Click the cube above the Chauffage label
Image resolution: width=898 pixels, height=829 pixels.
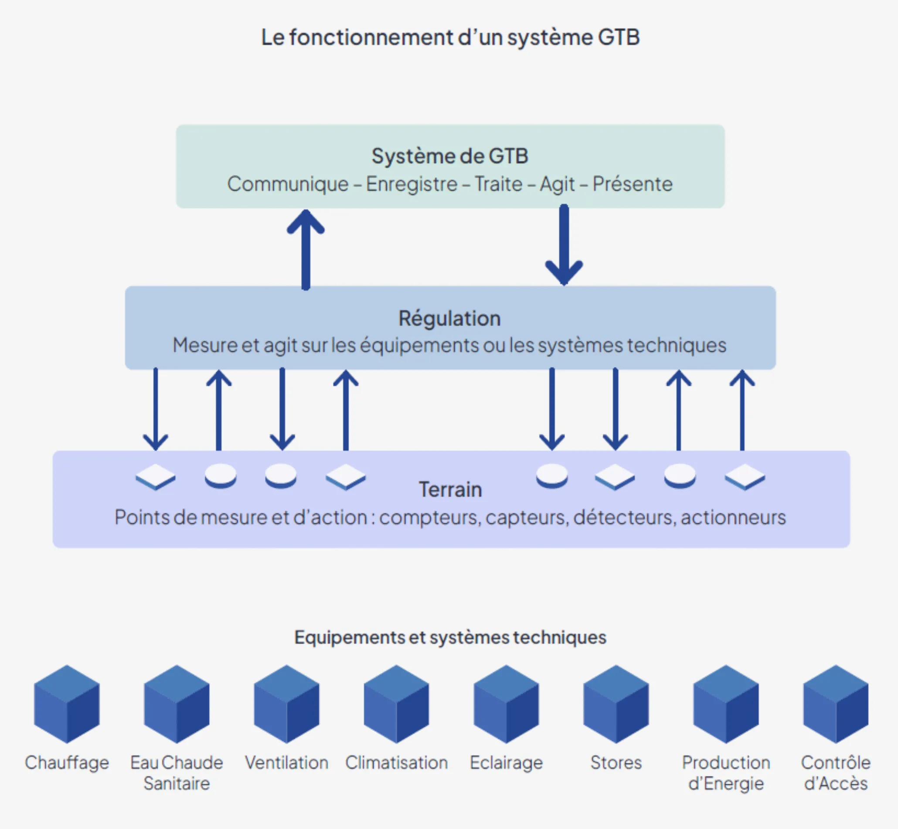pyautogui.click(x=67, y=704)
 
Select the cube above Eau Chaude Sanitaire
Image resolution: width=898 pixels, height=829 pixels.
pyautogui.click(x=177, y=704)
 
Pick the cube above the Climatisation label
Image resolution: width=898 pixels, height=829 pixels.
pyautogui.click(x=397, y=704)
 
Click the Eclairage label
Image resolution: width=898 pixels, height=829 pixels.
pyautogui.click(x=506, y=763)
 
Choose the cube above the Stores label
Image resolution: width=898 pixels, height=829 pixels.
pyautogui.click(x=616, y=704)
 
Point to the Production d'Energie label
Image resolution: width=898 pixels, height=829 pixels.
pyautogui.click(x=726, y=772)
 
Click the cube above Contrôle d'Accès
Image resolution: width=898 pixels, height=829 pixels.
pyautogui.click(x=836, y=704)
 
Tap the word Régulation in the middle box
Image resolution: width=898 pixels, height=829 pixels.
pyautogui.click(x=449, y=319)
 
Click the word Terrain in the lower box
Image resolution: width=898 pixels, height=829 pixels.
pyautogui.click(x=450, y=489)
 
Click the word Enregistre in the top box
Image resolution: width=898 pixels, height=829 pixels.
pyautogui.click(x=412, y=184)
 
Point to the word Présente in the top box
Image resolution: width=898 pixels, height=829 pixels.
pyautogui.click(x=633, y=184)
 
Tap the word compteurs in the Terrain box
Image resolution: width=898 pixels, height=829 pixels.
pyautogui.click(x=430, y=517)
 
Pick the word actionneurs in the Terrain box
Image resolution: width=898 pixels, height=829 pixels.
pyautogui.click(x=733, y=517)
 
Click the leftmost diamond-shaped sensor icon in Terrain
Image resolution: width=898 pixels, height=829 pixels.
pyautogui.click(x=155, y=476)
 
